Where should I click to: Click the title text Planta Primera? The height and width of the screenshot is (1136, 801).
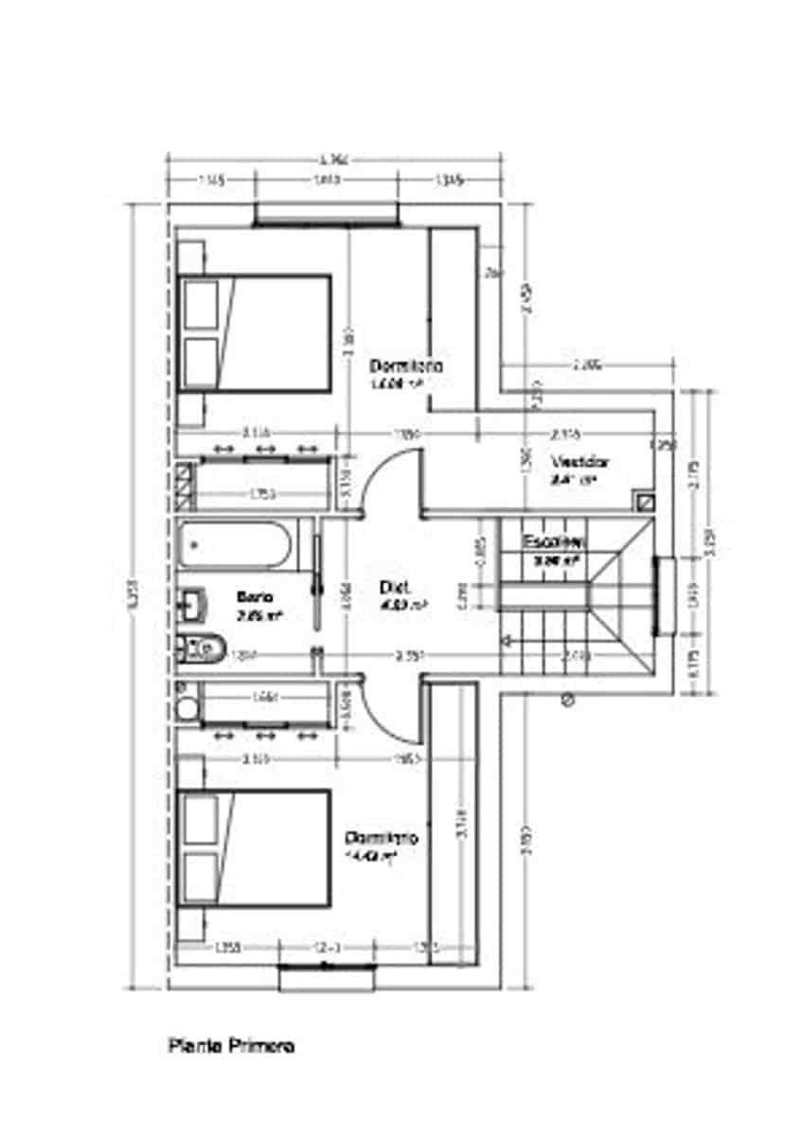point(231,1046)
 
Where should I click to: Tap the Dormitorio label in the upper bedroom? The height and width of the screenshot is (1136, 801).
point(407,365)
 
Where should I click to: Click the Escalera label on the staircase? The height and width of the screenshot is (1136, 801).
point(553,542)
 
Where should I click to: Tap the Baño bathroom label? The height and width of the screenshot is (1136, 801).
point(255,597)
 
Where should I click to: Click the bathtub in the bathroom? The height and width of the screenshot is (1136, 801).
point(237,545)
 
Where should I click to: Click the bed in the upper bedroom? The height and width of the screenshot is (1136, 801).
point(254,333)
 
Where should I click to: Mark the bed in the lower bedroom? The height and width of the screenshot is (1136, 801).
point(254,847)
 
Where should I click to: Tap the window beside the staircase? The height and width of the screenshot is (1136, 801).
point(663,595)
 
